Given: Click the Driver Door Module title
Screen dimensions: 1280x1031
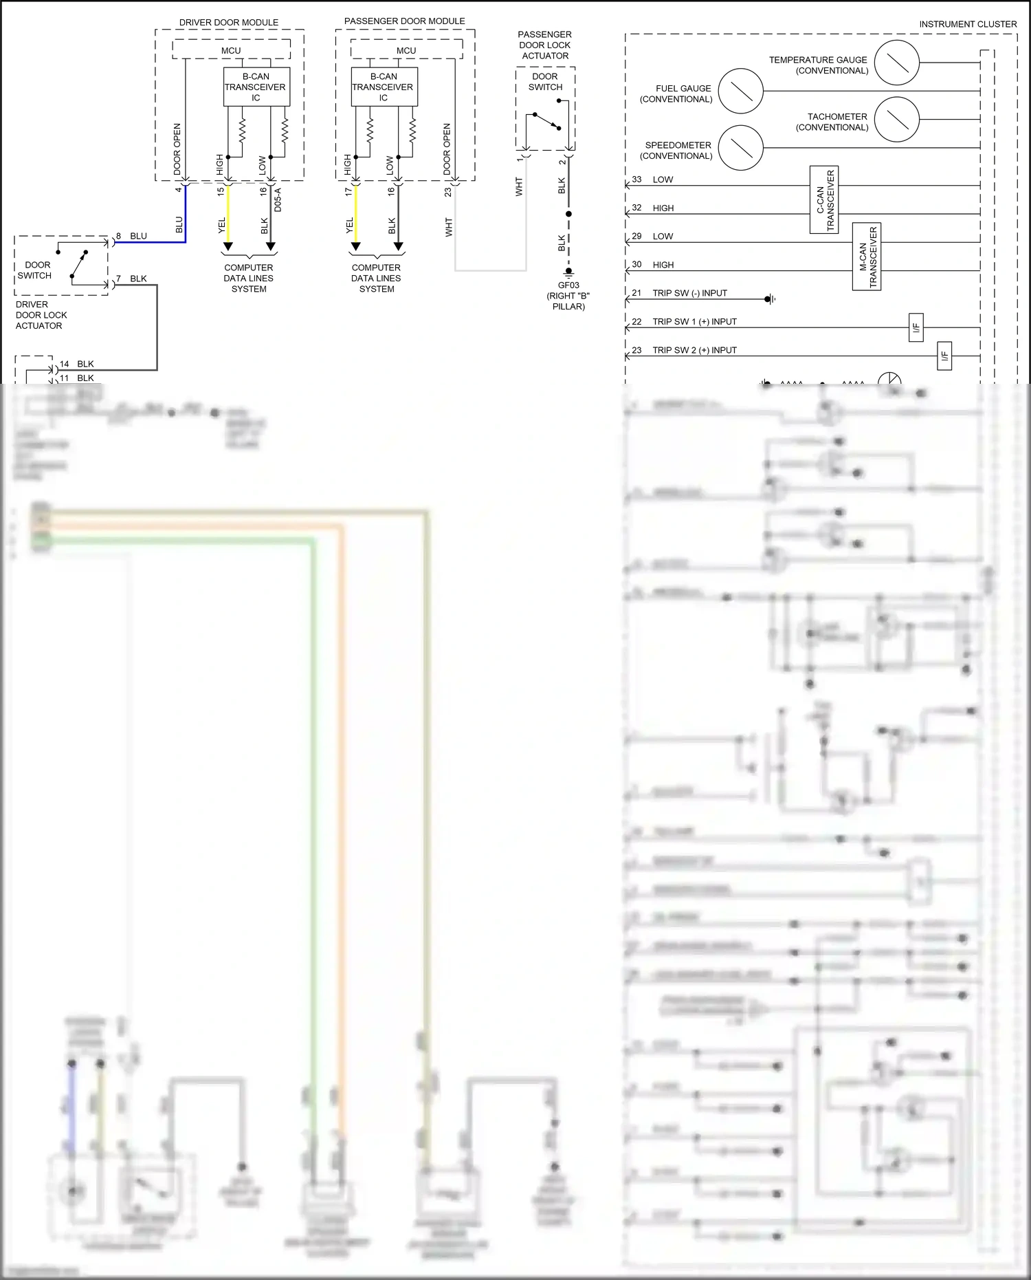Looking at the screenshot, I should point(229,22).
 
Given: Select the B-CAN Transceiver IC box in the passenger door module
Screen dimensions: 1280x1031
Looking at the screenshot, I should point(384,87).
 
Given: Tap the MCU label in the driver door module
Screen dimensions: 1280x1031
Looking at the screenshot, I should point(231,50).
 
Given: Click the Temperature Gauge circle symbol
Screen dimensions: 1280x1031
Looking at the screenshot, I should point(897,63).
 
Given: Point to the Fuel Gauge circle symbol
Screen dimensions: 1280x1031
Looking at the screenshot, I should point(741,91).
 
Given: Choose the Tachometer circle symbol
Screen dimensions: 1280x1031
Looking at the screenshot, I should point(897,119).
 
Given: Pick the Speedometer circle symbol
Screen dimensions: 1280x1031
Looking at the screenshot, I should point(741,148).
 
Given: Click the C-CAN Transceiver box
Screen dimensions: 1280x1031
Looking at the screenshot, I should point(824,199).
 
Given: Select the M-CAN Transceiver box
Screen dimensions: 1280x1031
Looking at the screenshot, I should point(867,257).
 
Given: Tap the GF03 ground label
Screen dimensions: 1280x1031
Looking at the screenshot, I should point(568,285).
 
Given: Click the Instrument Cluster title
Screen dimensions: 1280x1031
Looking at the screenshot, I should point(968,24).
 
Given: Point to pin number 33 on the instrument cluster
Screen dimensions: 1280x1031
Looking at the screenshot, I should point(637,180).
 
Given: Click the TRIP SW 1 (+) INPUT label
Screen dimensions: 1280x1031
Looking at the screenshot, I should point(694,321).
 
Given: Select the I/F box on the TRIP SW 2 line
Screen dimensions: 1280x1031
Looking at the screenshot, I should point(945,356).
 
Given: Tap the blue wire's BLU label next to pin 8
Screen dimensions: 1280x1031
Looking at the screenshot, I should point(138,236).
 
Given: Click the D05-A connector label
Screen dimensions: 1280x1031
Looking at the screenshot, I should point(278,199).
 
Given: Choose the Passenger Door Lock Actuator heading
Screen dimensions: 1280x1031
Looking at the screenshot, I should point(545,45).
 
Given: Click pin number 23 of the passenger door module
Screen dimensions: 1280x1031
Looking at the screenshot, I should point(447,192).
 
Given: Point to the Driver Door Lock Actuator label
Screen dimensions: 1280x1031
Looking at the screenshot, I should point(41,315).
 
